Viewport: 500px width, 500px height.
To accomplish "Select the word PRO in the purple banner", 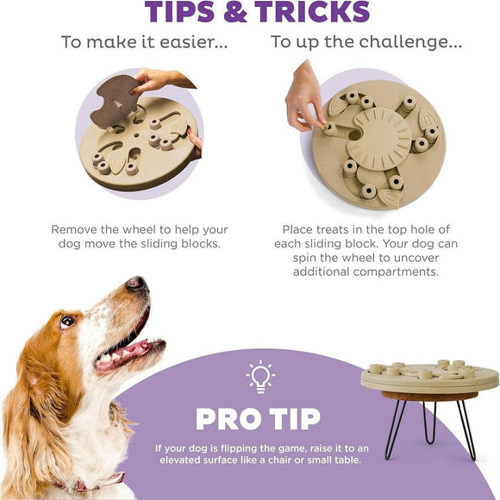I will [x=228, y=419].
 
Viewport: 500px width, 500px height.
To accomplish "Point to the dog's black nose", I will [x=136, y=284].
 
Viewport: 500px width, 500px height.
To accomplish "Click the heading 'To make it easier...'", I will [x=144, y=41].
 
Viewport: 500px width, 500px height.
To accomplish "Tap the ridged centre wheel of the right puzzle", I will [x=383, y=139].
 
